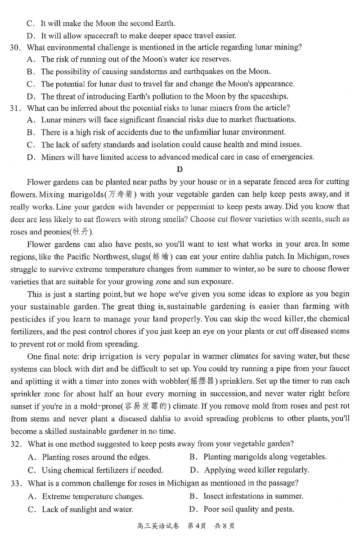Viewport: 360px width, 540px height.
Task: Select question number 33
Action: point(16,484)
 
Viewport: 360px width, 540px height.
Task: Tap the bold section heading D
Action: point(180,169)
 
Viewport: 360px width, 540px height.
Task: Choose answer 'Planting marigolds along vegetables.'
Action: point(265,457)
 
